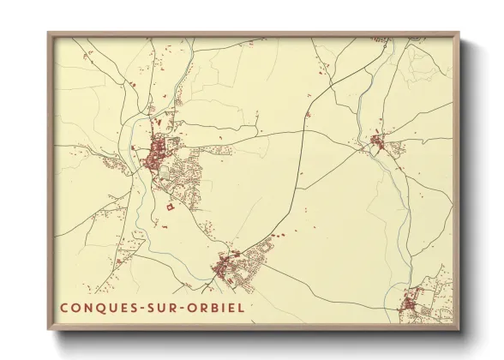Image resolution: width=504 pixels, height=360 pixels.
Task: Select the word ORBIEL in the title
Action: click(x=218, y=307)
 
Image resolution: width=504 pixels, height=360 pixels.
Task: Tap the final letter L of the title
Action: click(x=242, y=307)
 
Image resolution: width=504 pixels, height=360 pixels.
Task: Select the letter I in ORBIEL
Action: click(x=225, y=307)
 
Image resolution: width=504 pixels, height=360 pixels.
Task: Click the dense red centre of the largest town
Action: click(x=158, y=155)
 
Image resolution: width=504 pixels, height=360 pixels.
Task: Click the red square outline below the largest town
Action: click(x=169, y=206)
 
